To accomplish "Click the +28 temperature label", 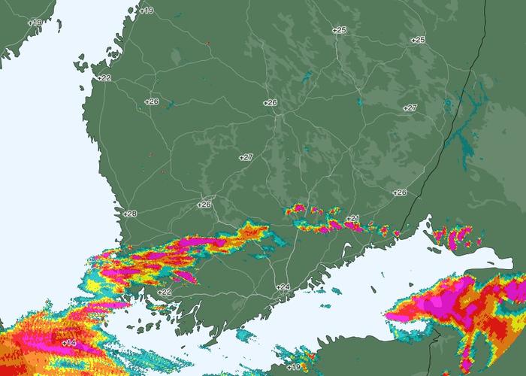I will point(130,214).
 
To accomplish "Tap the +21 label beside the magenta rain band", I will point(353,219).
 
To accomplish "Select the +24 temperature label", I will point(283,287).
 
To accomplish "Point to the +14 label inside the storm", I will point(68,343).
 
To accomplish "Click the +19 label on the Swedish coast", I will point(35,23).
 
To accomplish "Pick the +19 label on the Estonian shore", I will point(293,367).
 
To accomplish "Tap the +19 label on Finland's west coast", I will point(146,10).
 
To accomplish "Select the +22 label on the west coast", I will point(104,77).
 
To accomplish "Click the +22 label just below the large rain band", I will point(164,292).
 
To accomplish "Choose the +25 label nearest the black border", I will point(418,39).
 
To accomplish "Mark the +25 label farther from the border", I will point(339,30).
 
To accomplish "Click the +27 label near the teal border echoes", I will point(410,108).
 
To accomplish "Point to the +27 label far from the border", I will point(246,157).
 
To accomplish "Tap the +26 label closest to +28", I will point(204,204).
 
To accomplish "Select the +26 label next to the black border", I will point(399,193).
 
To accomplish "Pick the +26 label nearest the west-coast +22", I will point(152,101).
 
